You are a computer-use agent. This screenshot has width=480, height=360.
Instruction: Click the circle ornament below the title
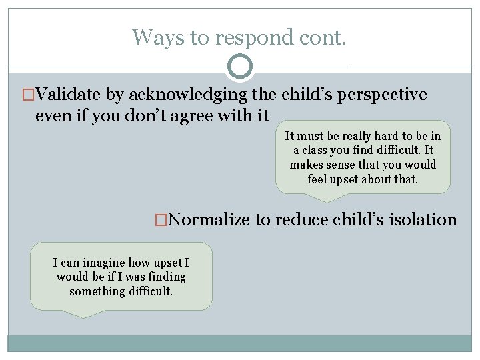tap(240, 67)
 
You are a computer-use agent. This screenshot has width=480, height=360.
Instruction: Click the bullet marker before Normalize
tap(160, 220)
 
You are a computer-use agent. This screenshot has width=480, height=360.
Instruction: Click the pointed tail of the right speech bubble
tap(325, 199)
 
